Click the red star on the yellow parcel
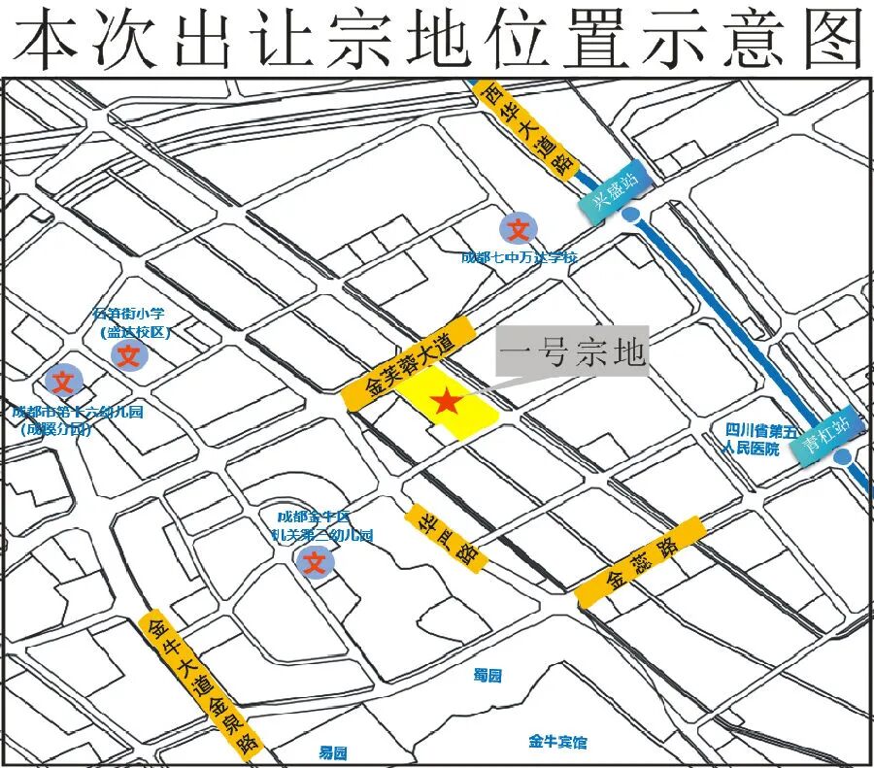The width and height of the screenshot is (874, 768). (x=446, y=401)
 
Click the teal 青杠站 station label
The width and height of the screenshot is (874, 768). (x=826, y=433)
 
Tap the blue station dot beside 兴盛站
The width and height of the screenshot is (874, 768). (x=632, y=216)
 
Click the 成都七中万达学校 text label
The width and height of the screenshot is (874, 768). (x=520, y=257)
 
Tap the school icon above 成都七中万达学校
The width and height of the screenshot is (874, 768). (x=519, y=229)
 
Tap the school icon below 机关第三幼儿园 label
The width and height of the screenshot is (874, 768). (x=316, y=561)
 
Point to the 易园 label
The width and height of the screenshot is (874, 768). (x=333, y=752)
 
